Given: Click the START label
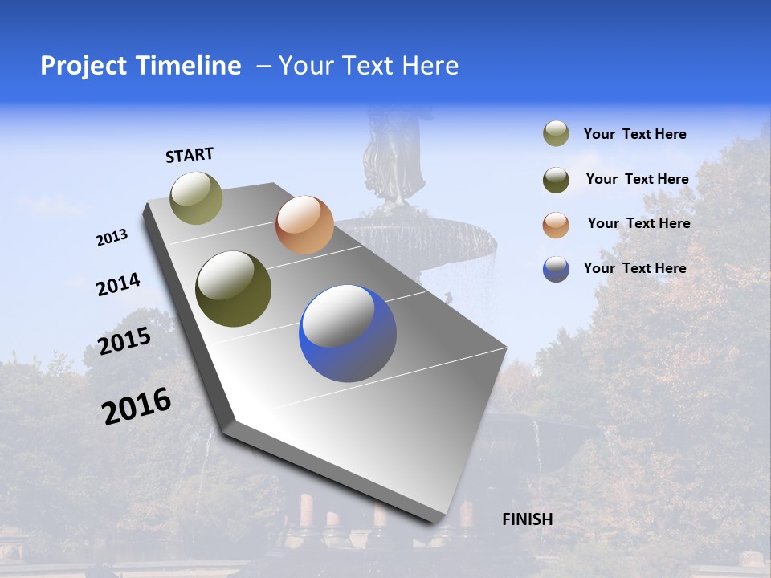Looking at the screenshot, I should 190,155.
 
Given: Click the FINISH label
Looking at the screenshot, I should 527,519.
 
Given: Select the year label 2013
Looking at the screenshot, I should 112,238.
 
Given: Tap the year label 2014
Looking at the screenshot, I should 118,284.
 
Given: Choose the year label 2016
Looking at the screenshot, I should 137,406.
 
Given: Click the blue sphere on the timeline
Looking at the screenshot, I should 348,333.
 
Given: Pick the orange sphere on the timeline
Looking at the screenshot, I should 304,225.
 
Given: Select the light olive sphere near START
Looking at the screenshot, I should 196,197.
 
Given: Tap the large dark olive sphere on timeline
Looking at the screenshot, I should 233,289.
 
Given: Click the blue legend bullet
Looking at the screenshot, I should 556,269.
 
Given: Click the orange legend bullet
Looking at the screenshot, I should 556,224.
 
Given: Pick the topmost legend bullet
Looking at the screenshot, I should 556,133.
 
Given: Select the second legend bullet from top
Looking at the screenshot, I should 556,179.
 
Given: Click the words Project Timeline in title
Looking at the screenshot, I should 141,66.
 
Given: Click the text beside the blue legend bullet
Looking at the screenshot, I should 634,268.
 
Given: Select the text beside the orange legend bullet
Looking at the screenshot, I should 638,223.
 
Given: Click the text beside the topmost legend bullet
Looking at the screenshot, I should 634,134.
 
